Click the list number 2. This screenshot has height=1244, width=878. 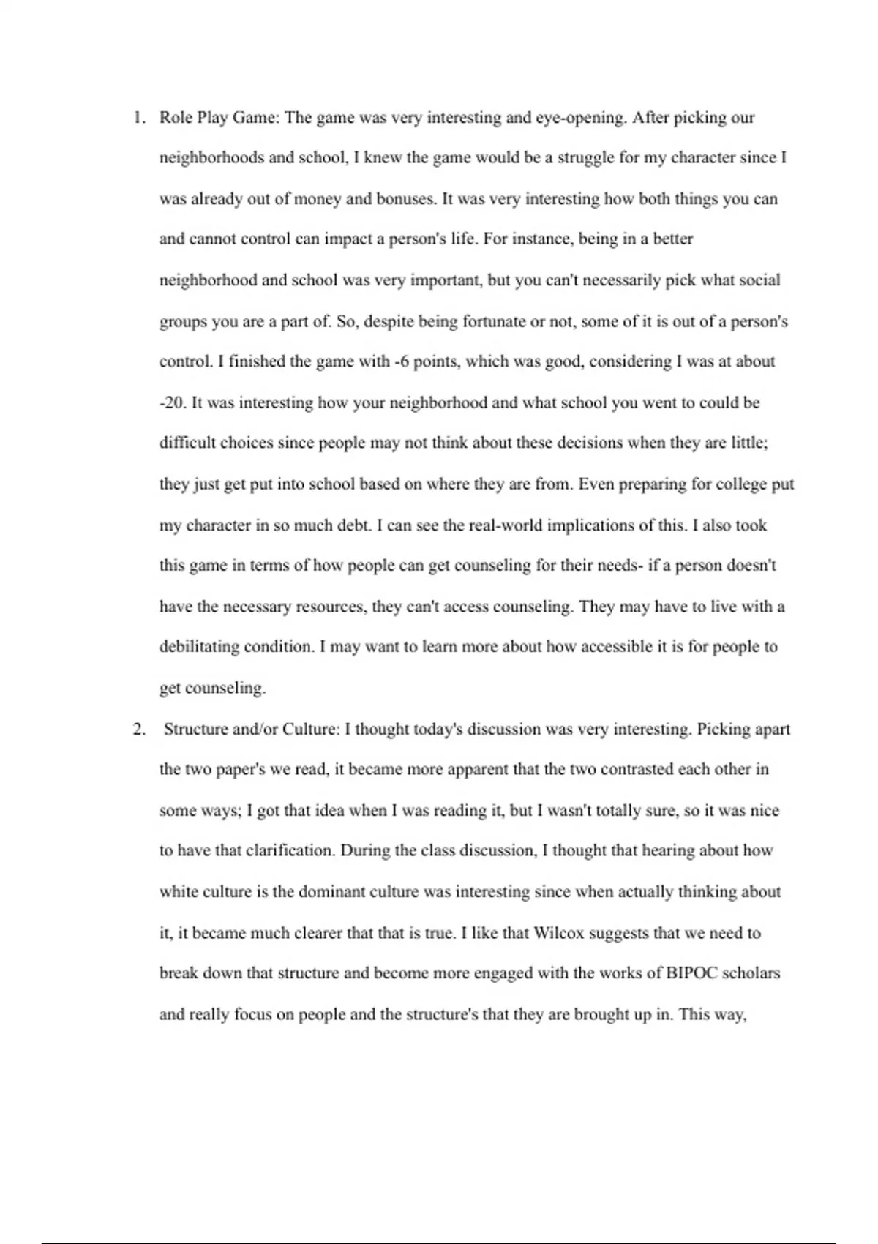138,730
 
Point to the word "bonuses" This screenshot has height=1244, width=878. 405,199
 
